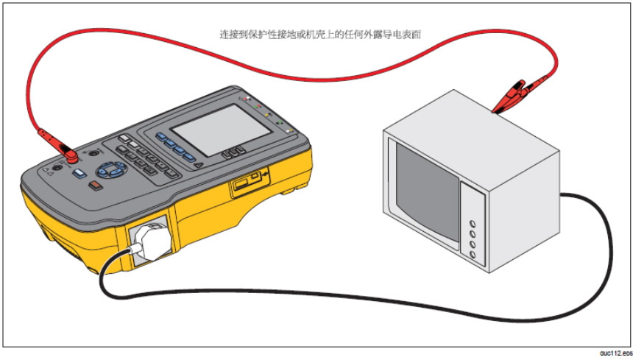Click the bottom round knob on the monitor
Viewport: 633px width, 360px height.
(472, 254)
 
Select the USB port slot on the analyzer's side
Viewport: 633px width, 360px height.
(246, 184)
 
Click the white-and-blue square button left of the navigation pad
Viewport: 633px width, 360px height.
(80, 174)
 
